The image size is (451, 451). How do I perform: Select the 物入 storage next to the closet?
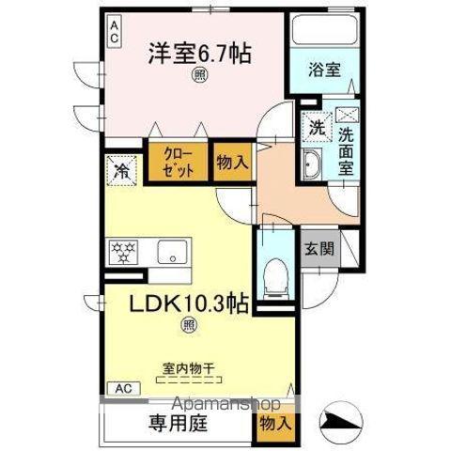pos(231,161)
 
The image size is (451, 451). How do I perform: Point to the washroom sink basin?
pos(312,168)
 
